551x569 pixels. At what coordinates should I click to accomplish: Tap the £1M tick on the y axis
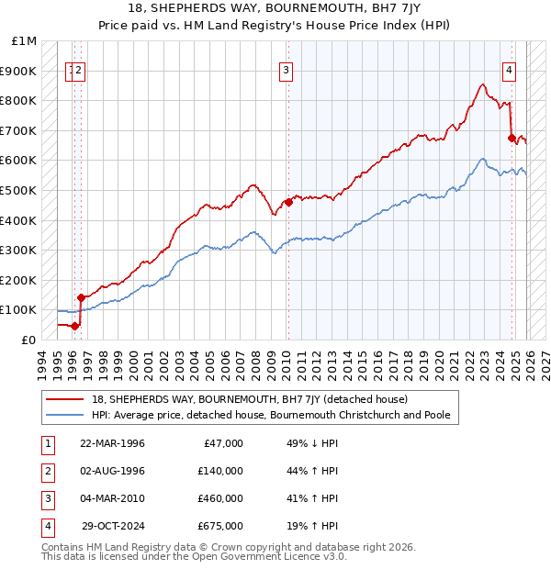tap(24, 41)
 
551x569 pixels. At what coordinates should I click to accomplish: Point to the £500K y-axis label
tap(19, 190)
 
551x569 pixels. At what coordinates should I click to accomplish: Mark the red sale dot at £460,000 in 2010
tap(288, 202)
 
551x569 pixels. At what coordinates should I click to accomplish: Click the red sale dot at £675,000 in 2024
tap(512, 138)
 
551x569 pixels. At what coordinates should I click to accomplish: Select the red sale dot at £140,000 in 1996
tap(81, 297)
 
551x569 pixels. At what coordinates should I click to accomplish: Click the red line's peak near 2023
tap(482, 84)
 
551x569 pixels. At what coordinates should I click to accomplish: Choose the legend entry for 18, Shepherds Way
tap(242, 399)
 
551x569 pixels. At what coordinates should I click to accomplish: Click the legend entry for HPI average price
tap(271, 415)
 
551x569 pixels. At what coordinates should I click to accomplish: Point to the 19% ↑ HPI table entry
tap(312, 526)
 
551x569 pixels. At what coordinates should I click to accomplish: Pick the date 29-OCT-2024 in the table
tap(113, 526)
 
